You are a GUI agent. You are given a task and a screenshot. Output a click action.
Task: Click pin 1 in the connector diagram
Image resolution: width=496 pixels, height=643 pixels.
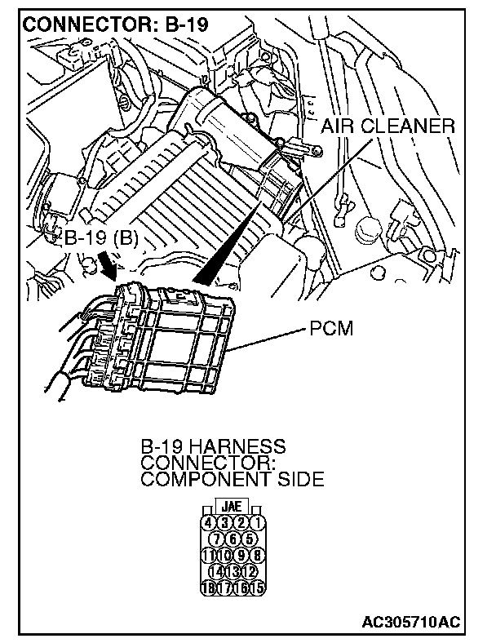click(259, 522)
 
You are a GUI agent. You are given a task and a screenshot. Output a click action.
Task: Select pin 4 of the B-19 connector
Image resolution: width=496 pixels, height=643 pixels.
click(209, 522)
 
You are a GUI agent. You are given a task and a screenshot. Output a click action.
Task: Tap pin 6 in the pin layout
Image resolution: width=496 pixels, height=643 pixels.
click(234, 539)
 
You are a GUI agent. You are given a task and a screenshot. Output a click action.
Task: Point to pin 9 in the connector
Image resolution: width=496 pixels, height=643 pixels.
click(242, 554)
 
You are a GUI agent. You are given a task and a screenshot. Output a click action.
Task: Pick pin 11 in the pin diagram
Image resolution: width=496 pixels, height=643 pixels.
click(209, 554)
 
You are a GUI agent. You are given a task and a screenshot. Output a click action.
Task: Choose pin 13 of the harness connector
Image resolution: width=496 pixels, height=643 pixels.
click(234, 570)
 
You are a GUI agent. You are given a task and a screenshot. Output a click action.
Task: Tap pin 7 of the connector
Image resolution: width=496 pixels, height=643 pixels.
click(218, 539)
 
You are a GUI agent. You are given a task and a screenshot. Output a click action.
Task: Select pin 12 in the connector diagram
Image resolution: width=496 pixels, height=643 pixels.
click(250, 570)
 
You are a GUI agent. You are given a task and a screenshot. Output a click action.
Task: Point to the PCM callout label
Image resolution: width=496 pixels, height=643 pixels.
click(330, 331)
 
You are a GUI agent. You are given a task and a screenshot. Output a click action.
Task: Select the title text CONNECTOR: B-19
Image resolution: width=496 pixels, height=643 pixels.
click(116, 24)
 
